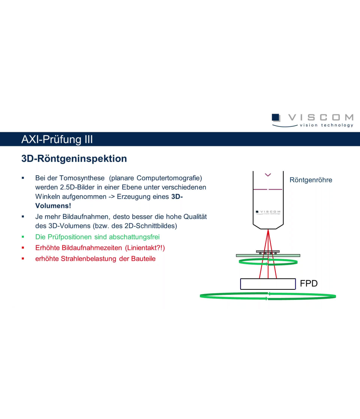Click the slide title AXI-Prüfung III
point(57,139)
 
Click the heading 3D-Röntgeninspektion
point(74,159)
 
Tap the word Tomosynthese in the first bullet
point(82,178)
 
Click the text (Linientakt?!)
point(145,248)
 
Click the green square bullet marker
point(23,237)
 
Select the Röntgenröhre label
point(311,180)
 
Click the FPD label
point(309,284)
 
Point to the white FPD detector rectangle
point(268,284)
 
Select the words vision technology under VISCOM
point(326,125)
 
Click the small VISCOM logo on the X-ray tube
point(268,212)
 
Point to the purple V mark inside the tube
point(268,175)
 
